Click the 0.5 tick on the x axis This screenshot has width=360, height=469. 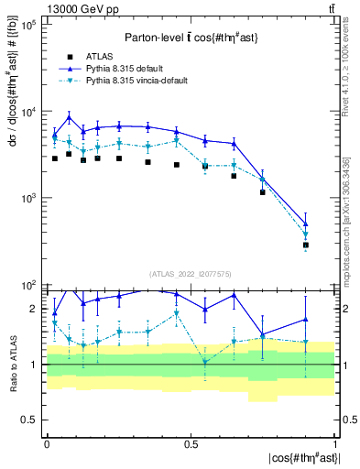click(x=191, y=443)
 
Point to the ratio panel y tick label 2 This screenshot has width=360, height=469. click(x=36, y=310)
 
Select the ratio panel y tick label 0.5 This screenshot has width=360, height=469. click(x=31, y=420)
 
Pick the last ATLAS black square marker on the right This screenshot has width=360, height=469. click(x=306, y=245)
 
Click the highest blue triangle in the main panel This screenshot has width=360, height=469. click(x=70, y=117)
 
